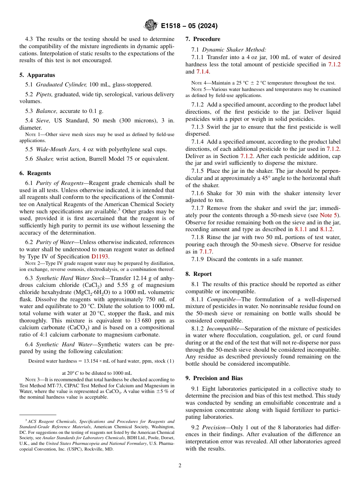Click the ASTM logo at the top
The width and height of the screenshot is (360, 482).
click(x=151, y=26)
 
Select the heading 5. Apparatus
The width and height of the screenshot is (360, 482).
click(x=37, y=75)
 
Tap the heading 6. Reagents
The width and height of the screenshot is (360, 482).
click(x=35, y=173)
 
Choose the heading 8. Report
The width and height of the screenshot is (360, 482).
click(x=199, y=274)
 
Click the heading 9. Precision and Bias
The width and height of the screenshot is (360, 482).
click(x=214, y=378)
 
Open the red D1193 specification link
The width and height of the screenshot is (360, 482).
click(x=100, y=257)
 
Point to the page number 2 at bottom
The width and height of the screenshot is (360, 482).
click(x=180, y=466)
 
